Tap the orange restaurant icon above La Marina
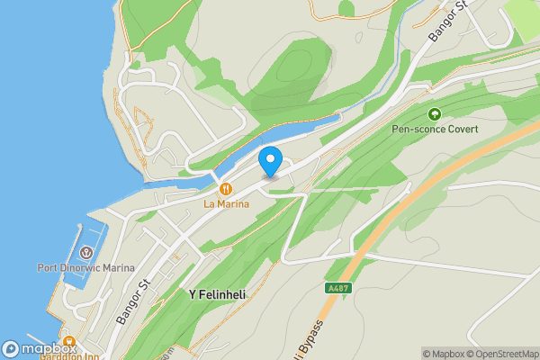225,189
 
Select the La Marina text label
225,204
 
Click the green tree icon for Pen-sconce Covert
435,114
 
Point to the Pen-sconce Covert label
435,130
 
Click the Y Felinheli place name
217,294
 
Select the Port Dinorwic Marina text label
85,268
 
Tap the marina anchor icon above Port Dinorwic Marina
86,253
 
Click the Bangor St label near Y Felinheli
133,302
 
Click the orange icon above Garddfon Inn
69,341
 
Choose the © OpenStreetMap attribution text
501,354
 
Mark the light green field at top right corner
522,13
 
